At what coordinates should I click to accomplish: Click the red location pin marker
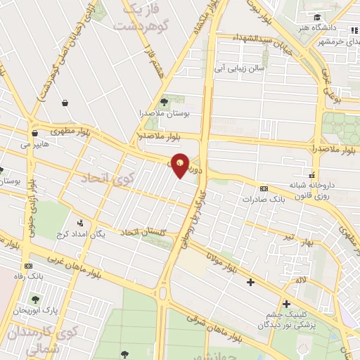pos(180,165)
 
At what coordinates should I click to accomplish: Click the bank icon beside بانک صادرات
pos(264,188)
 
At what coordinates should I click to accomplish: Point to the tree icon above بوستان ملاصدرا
pos(165,102)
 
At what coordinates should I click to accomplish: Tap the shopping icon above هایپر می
pos(33,134)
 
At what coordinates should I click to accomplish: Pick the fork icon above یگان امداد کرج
pos(79,224)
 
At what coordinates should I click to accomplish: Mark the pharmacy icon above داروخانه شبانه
pos(313,176)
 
